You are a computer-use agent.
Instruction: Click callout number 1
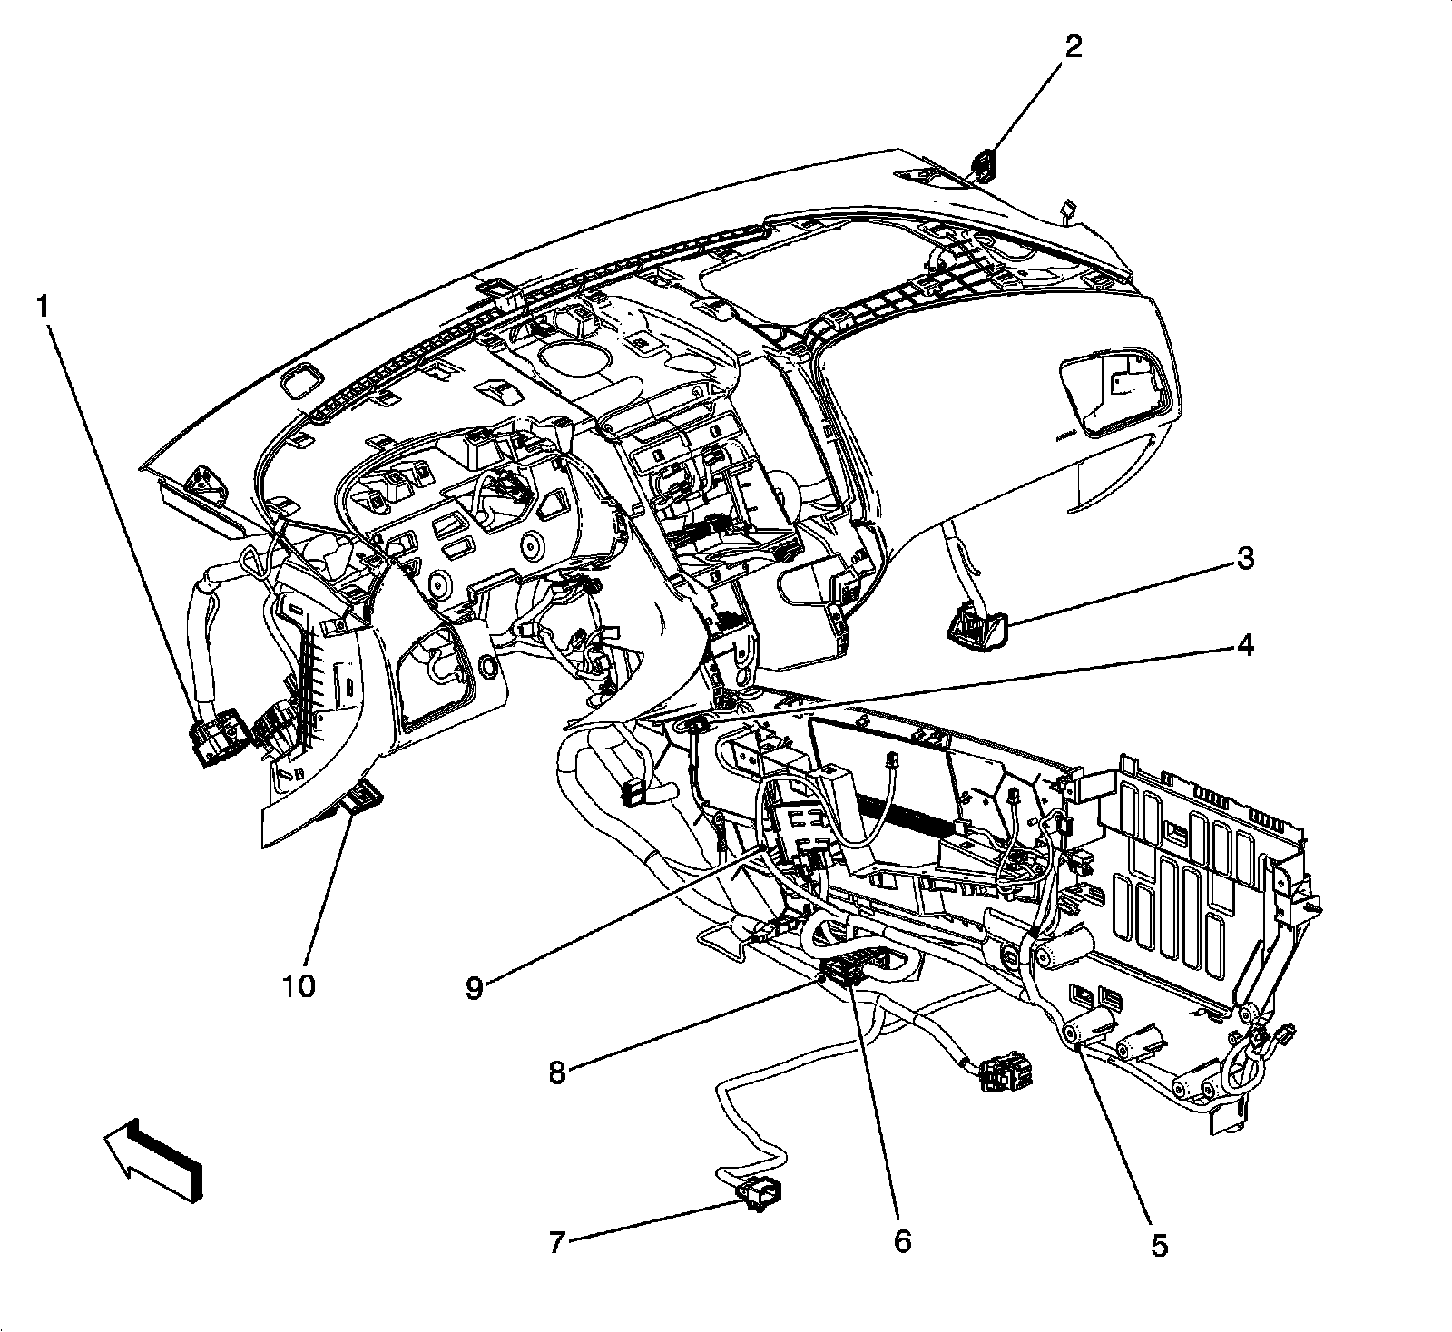click(42, 308)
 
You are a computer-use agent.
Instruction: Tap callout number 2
click(1073, 46)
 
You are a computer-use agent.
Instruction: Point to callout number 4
click(1245, 645)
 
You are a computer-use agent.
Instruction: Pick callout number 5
click(1160, 1246)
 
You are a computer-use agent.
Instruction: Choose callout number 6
click(901, 1239)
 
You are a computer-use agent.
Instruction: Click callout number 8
click(556, 1073)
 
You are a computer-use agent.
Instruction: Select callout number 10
click(299, 985)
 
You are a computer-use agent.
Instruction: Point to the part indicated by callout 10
click(363, 797)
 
